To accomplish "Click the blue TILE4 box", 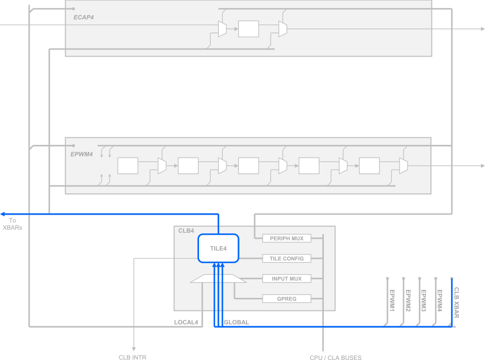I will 218,248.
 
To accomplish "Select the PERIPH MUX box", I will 286,238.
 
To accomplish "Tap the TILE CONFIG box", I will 286,259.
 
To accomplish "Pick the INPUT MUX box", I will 286,279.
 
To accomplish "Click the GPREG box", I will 286,299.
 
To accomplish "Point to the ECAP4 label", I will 83,17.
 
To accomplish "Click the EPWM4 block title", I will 82,154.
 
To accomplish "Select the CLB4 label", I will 186,231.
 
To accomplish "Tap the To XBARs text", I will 13,224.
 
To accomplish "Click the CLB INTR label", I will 132,357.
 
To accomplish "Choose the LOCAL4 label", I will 186,322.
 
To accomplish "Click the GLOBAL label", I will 236,322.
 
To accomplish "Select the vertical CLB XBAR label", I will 456,302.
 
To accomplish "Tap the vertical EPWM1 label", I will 392,300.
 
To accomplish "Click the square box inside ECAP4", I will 249,29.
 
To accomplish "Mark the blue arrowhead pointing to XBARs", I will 3,214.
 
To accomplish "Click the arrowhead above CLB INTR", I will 134,348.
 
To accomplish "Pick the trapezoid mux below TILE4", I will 218,279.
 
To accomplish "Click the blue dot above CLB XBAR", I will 452,278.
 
